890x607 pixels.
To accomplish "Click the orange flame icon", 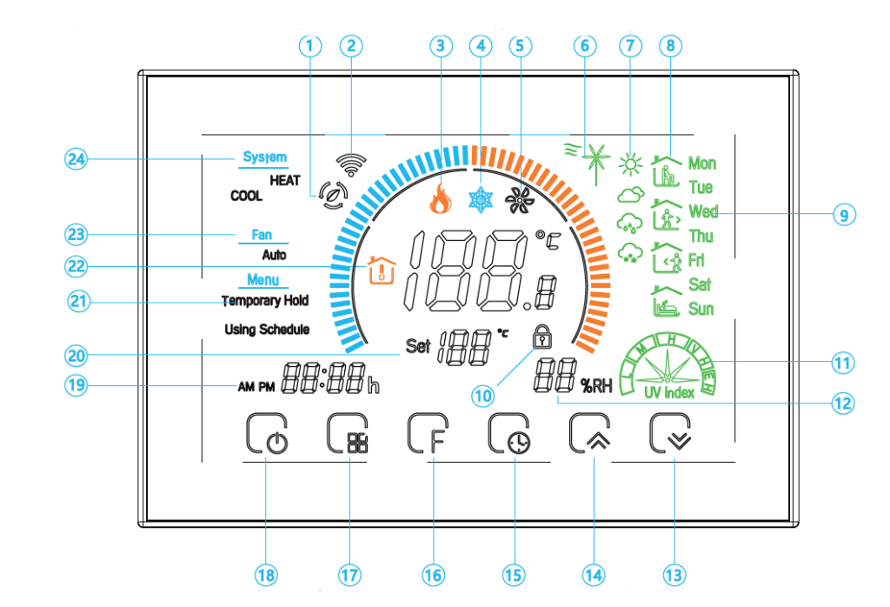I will pos(441,201).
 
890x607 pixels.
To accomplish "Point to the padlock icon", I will pos(542,336).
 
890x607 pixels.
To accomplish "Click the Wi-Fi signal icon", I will pos(356,155).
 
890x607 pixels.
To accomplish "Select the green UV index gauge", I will pos(668,364).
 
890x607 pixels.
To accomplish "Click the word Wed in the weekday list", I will pos(702,211).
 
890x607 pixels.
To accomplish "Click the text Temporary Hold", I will pos(266,301).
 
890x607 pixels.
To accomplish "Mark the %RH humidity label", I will pos(598,387).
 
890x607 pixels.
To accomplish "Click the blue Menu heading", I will pos(263,280).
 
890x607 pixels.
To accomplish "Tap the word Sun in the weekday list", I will pos(701,309).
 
